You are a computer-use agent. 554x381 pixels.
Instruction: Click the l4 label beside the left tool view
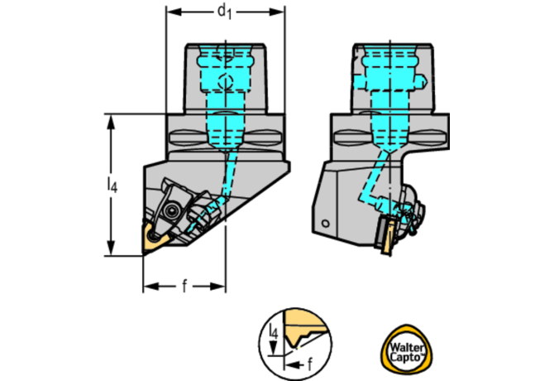[112, 186]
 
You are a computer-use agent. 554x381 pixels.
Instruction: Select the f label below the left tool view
[184, 287]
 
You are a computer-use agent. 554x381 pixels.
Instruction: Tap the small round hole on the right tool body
[327, 224]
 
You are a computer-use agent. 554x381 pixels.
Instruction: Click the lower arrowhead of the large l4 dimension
[111, 252]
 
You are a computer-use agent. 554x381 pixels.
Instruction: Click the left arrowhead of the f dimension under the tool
[147, 287]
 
